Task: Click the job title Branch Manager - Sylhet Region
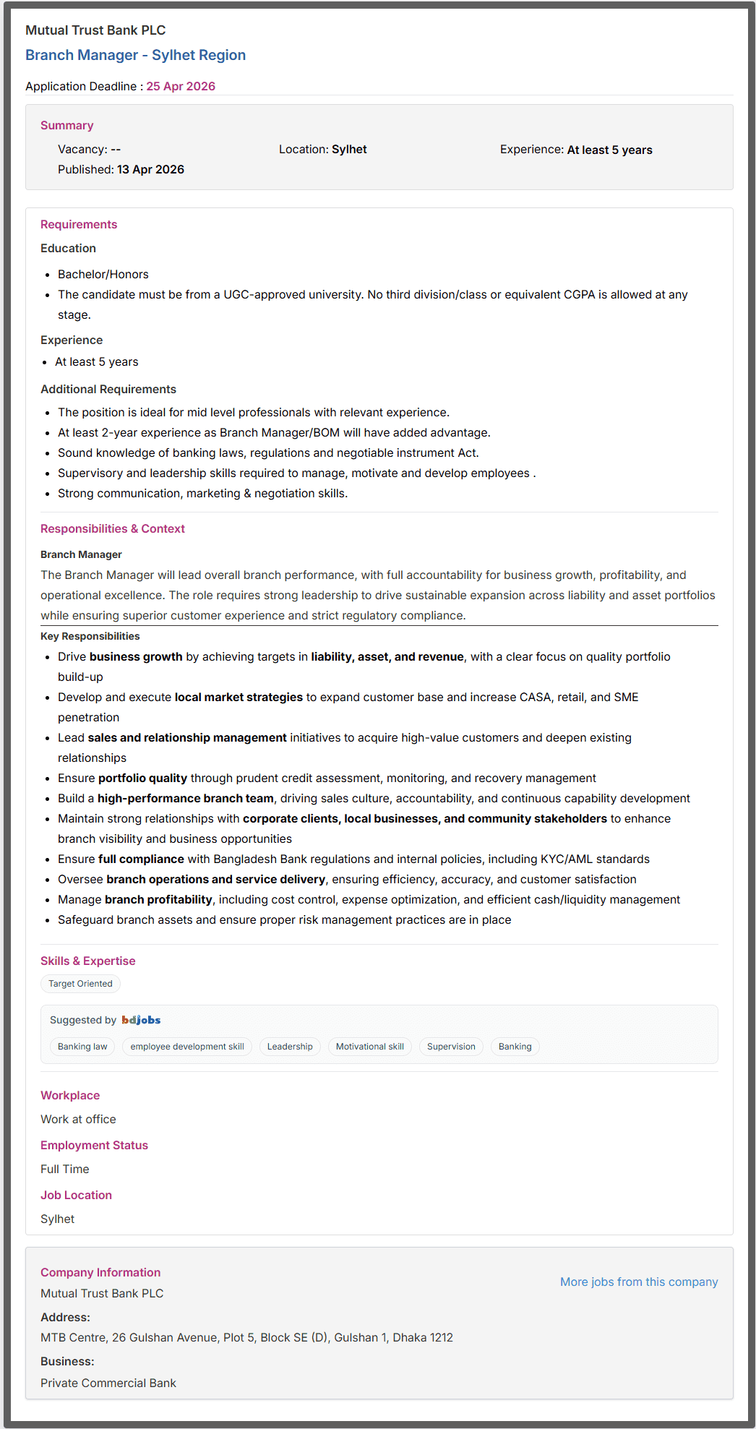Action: pyautogui.click(x=135, y=55)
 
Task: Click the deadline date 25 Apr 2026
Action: pyautogui.click(x=181, y=86)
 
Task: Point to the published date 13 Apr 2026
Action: pyautogui.click(x=150, y=169)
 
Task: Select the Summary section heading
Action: pyautogui.click(x=66, y=125)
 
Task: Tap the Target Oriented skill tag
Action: pyautogui.click(x=80, y=984)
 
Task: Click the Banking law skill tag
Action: pyautogui.click(x=82, y=1047)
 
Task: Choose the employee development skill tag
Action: pyautogui.click(x=187, y=1047)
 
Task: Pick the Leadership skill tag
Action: pyautogui.click(x=290, y=1047)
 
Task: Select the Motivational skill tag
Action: pyautogui.click(x=369, y=1047)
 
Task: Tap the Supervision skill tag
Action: pyautogui.click(x=451, y=1047)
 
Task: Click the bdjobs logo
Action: pyautogui.click(x=141, y=1020)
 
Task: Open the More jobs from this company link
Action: pyautogui.click(x=639, y=1282)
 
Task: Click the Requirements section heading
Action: pyautogui.click(x=79, y=224)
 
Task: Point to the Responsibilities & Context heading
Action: pyautogui.click(x=113, y=528)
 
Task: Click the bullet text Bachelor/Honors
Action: pyautogui.click(x=103, y=274)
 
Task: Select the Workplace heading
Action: pyautogui.click(x=70, y=1095)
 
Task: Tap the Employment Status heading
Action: pyautogui.click(x=94, y=1145)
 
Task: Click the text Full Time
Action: pyautogui.click(x=65, y=1169)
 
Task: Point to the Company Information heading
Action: pyautogui.click(x=100, y=1272)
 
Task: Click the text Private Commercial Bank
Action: pyautogui.click(x=108, y=1383)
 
